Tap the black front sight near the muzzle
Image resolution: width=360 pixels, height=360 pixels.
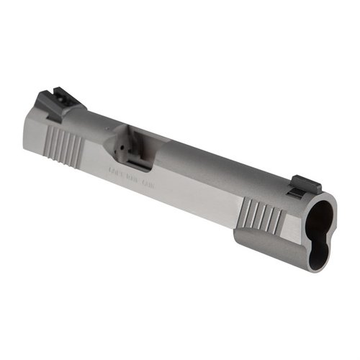pos(295,191)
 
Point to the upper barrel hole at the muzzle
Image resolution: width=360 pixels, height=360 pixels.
pos(322,214)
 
